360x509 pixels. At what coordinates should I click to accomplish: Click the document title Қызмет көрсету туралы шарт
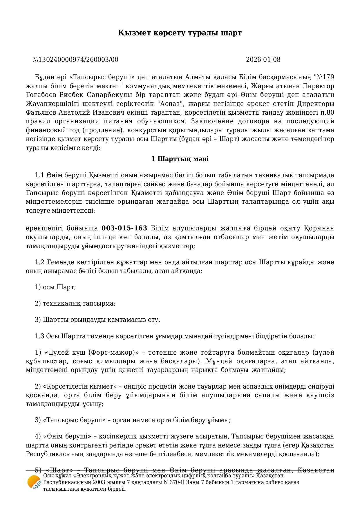[x=180, y=33]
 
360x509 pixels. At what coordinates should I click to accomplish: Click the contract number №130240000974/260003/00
[x=75, y=60]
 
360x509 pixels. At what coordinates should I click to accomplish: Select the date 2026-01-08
[x=263, y=60]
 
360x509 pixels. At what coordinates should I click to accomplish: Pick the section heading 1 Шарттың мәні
[x=180, y=159]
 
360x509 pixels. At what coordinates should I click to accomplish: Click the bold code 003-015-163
[x=124, y=228]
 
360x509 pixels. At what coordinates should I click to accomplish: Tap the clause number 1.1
[x=39, y=175]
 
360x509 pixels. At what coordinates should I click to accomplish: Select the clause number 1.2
[x=39, y=262]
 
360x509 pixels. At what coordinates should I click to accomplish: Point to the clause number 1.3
[x=39, y=336]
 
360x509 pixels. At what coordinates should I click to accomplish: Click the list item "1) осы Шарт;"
[x=55, y=287]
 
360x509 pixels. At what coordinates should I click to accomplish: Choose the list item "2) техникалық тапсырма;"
[x=75, y=304]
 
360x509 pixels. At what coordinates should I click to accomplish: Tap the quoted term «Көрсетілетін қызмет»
[x=79, y=387]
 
